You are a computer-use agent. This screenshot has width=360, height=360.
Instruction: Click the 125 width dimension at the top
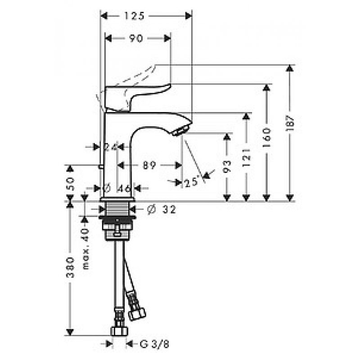point(134,16)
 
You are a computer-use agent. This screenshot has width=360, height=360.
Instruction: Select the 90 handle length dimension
point(136,38)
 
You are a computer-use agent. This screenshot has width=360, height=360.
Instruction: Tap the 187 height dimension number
point(290,123)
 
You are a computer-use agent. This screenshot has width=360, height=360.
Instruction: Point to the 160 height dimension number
point(266,138)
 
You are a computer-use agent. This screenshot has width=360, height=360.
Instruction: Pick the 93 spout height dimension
point(227,166)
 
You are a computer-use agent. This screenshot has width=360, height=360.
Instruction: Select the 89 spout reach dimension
point(149,165)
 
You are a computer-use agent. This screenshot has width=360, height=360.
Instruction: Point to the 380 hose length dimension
point(70,267)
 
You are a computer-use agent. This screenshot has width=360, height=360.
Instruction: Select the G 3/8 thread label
point(154,344)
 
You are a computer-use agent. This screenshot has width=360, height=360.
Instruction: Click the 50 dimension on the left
point(70,184)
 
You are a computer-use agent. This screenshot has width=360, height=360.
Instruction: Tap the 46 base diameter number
point(124,189)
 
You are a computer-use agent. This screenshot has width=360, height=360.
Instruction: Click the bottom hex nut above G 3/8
point(119,331)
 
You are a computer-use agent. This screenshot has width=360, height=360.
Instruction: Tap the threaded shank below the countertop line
point(117,209)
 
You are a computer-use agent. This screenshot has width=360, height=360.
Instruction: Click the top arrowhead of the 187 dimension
point(290,68)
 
